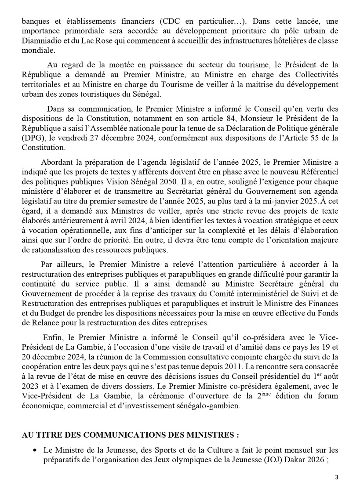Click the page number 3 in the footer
pos(337,478)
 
